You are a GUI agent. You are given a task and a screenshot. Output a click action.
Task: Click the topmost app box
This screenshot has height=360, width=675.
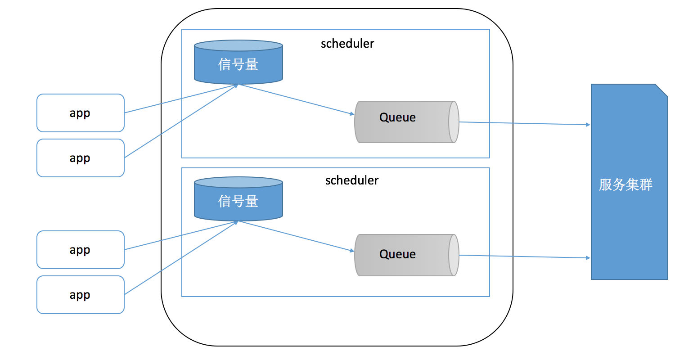click(80, 113)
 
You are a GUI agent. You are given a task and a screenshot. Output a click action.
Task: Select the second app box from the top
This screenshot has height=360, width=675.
click(80, 158)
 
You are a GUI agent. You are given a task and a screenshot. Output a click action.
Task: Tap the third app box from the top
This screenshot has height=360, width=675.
click(80, 250)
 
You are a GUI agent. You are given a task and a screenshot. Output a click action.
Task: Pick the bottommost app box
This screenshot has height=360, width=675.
click(80, 295)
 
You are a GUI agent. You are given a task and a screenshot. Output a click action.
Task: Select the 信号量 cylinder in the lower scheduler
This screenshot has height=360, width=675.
click(238, 201)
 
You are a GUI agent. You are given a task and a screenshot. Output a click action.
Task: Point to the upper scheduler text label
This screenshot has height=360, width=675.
click(347, 44)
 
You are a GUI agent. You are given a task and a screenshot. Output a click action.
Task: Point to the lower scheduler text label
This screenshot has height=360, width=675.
click(352, 180)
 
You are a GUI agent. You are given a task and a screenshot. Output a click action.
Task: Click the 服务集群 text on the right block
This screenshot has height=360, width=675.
click(625, 185)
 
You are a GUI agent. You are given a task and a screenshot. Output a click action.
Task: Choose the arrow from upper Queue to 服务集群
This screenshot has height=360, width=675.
click(524, 123)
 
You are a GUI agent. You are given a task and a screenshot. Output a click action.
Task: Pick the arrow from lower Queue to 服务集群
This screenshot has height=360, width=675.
click(524, 256)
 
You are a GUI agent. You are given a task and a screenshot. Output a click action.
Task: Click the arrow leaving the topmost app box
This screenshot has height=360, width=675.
click(180, 99)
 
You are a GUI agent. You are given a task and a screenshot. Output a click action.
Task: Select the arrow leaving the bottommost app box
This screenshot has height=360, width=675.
click(180, 258)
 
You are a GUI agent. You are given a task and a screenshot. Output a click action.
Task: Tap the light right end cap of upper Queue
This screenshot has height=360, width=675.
click(454, 122)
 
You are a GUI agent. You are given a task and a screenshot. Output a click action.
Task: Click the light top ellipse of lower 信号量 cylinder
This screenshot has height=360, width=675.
click(238, 182)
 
